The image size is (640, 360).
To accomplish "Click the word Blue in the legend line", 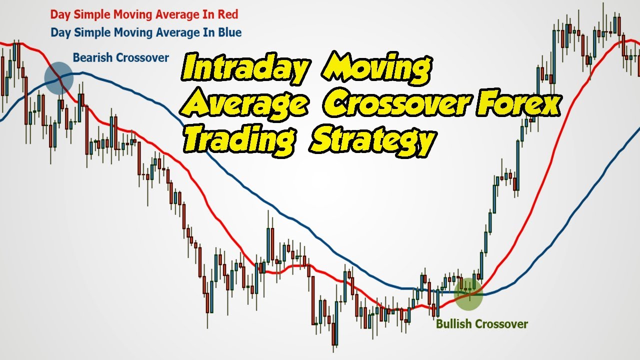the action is tap(230, 32).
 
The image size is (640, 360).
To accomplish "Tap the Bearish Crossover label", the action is tap(121, 57).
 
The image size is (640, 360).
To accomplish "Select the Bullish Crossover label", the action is tap(482, 324).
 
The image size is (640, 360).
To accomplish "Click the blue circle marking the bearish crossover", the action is tap(59, 78).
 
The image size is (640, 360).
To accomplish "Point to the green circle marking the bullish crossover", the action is tap(468, 294).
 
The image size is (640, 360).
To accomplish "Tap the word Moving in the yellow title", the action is tap(376, 68).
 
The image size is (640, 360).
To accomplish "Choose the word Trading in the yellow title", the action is tap(239, 140).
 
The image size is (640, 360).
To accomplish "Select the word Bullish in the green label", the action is tap(453, 324).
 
